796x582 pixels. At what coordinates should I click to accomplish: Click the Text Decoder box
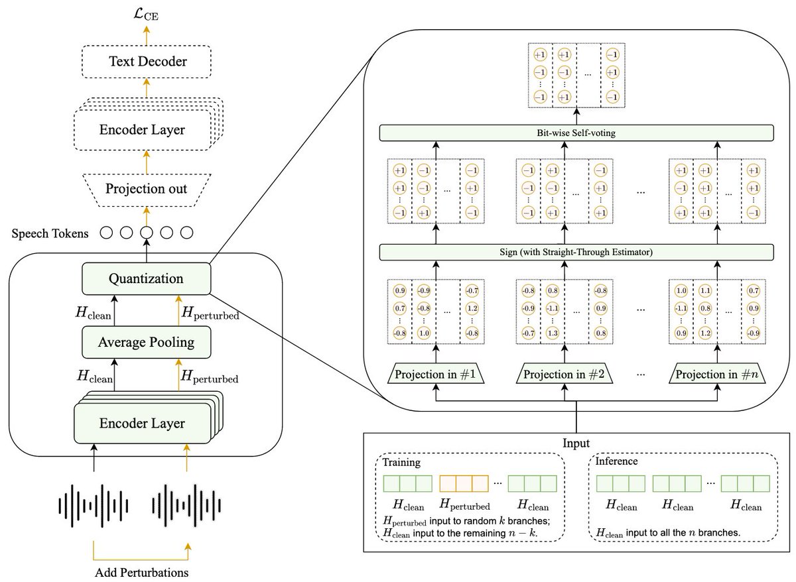click(x=147, y=62)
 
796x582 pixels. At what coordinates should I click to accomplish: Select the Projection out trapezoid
click(x=147, y=190)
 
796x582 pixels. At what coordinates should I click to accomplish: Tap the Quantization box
click(x=147, y=278)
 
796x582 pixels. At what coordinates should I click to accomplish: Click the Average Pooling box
click(x=147, y=342)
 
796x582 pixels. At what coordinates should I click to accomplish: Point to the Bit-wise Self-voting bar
click(x=576, y=133)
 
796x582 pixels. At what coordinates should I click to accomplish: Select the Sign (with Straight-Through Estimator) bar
click(x=576, y=252)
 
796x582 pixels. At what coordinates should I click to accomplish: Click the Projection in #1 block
click(x=436, y=374)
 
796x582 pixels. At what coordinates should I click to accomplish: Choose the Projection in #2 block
click(x=564, y=374)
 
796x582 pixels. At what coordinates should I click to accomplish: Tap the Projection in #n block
click(x=717, y=374)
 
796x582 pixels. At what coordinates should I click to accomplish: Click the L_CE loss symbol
click(x=146, y=15)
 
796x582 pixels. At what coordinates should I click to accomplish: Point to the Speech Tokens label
click(x=50, y=233)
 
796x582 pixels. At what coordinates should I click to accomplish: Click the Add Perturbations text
click(x=142, y=572)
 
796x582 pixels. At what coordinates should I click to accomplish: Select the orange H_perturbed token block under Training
click(x=464, y=483)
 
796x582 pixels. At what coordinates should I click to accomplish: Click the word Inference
click(x=616, y=461)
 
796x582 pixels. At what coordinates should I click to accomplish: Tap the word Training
click(x=401, y=462)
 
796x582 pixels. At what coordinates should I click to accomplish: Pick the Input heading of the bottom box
click(x=576, y=443)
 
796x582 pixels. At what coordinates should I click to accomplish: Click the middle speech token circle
click(x=147, y=233)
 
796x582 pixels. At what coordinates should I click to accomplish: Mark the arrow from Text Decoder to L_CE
click(x=147, y=36)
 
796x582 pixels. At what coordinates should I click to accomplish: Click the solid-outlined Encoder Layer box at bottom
click(x=143, y=424)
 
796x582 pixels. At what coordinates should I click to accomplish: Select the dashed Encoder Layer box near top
click(x=143, y=130)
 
